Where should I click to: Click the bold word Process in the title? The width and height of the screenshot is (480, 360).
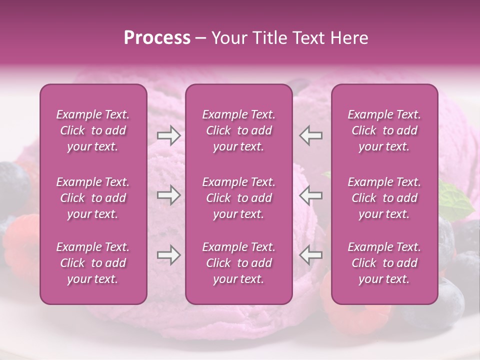coord(157,38)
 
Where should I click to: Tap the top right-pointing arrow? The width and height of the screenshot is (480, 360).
coord(168,135)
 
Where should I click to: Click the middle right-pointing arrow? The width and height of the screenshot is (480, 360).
coord(168,195)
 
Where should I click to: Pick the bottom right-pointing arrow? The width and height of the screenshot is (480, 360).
coord(168,255)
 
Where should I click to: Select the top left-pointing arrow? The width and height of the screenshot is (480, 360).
coord(311,135)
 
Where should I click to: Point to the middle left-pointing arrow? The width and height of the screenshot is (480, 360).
coord(311,195)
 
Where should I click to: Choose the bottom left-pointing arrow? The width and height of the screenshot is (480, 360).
coord(311,255)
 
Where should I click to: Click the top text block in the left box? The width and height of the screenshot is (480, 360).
coord(93,130)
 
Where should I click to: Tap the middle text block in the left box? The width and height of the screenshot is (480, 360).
coord(93,198)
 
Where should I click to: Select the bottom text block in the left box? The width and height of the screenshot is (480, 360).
coord(93,263)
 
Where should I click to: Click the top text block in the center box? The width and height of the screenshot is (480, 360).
coord(238,130)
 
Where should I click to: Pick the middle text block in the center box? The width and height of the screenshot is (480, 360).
coord(238,198)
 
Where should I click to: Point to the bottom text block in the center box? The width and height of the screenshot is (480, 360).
coord(238,263)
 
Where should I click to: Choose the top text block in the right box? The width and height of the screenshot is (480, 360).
coord(384,130)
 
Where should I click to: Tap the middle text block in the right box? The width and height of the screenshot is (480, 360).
coord(384,198)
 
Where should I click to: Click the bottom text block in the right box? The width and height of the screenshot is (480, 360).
coord(384,263)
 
